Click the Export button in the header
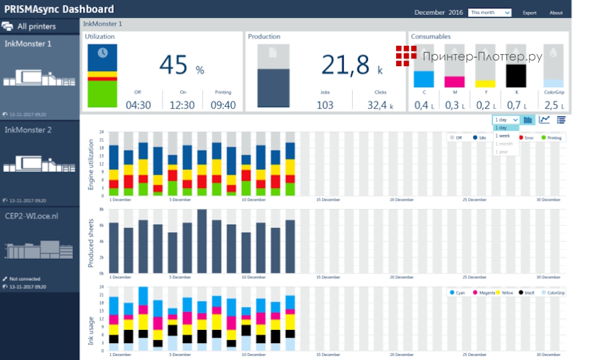530,13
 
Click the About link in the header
556,13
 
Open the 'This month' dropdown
490,12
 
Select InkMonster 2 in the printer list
28,130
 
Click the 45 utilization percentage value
174,65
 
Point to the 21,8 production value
346,65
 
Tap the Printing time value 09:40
223,105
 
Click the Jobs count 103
325,105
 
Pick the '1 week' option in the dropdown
502,136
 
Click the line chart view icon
544,120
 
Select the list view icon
561,120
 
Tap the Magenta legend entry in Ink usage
485,293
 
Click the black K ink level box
516,76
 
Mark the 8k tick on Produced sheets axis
102,209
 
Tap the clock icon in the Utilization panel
102,53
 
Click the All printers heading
36,26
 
